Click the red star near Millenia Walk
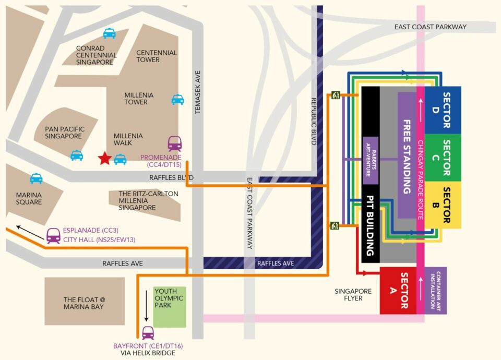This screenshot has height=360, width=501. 105,158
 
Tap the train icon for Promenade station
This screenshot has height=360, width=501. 175,143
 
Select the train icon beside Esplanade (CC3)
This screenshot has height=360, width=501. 53,236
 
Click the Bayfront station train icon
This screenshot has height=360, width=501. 148,332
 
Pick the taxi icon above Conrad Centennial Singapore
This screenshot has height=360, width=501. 109,34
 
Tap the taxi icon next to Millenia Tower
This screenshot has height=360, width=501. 177,99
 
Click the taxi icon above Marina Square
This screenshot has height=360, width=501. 36,178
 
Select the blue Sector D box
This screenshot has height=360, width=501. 443,110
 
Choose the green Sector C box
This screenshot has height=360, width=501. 443,158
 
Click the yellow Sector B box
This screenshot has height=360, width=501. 443,205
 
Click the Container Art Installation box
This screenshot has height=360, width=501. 436,290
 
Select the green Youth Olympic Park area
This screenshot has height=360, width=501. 169,307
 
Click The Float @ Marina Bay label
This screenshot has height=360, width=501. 84,303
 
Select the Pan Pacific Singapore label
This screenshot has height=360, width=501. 64,133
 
